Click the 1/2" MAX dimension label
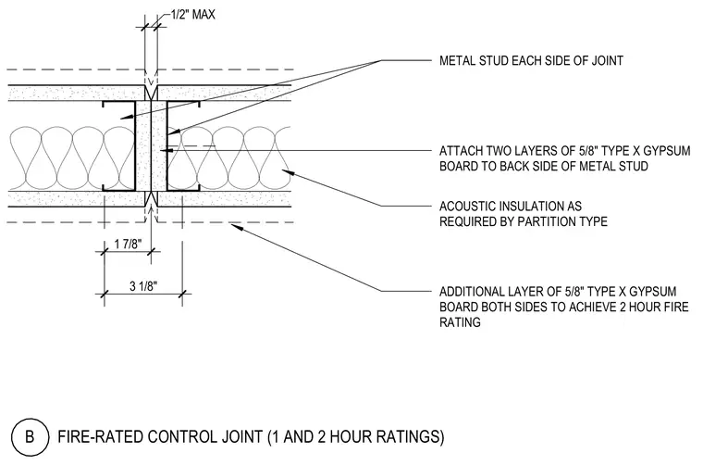(193, 15)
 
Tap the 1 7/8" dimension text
(128, 245)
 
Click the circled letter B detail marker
(30, 436)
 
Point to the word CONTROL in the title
(182, 436)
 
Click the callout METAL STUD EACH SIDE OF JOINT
(531, 60)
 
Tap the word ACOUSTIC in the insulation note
(467, 206)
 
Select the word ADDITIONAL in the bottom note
(469, 292)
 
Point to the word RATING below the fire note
(460, 322)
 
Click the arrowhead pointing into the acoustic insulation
(286, 172)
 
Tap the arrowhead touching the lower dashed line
(236, 226)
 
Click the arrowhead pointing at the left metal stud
(127, 117)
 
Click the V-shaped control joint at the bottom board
(151, 198)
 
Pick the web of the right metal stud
(167, 145)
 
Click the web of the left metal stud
(135, 145)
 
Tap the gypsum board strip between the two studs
(151, 145)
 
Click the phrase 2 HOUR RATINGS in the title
(378, 436)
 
